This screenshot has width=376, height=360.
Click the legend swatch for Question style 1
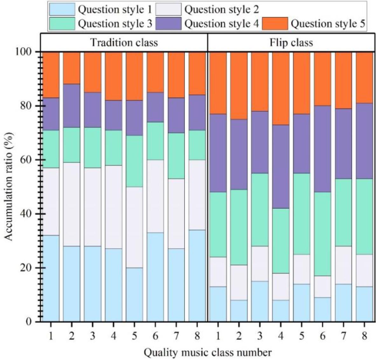pos(62,10)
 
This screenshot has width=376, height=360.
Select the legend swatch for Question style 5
pos(275,24)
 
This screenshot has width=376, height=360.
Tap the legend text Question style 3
pos(115,24)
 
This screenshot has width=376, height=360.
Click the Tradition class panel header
pos(124,42)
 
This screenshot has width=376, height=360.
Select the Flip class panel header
pos(291,42)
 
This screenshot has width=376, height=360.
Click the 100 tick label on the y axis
pos(24,52)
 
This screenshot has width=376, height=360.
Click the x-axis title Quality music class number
pos(208,352)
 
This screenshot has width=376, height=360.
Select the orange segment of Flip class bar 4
pos(281,88)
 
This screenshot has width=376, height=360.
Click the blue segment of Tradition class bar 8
pos(197,276)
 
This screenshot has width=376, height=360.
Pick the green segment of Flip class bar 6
pos(323,234)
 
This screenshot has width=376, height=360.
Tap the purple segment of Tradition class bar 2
pos(72,106)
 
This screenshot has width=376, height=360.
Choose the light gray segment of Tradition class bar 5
pos(134,227)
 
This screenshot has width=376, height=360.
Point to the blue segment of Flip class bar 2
pos(239,311)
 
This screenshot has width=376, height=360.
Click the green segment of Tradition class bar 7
pos(176,156)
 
